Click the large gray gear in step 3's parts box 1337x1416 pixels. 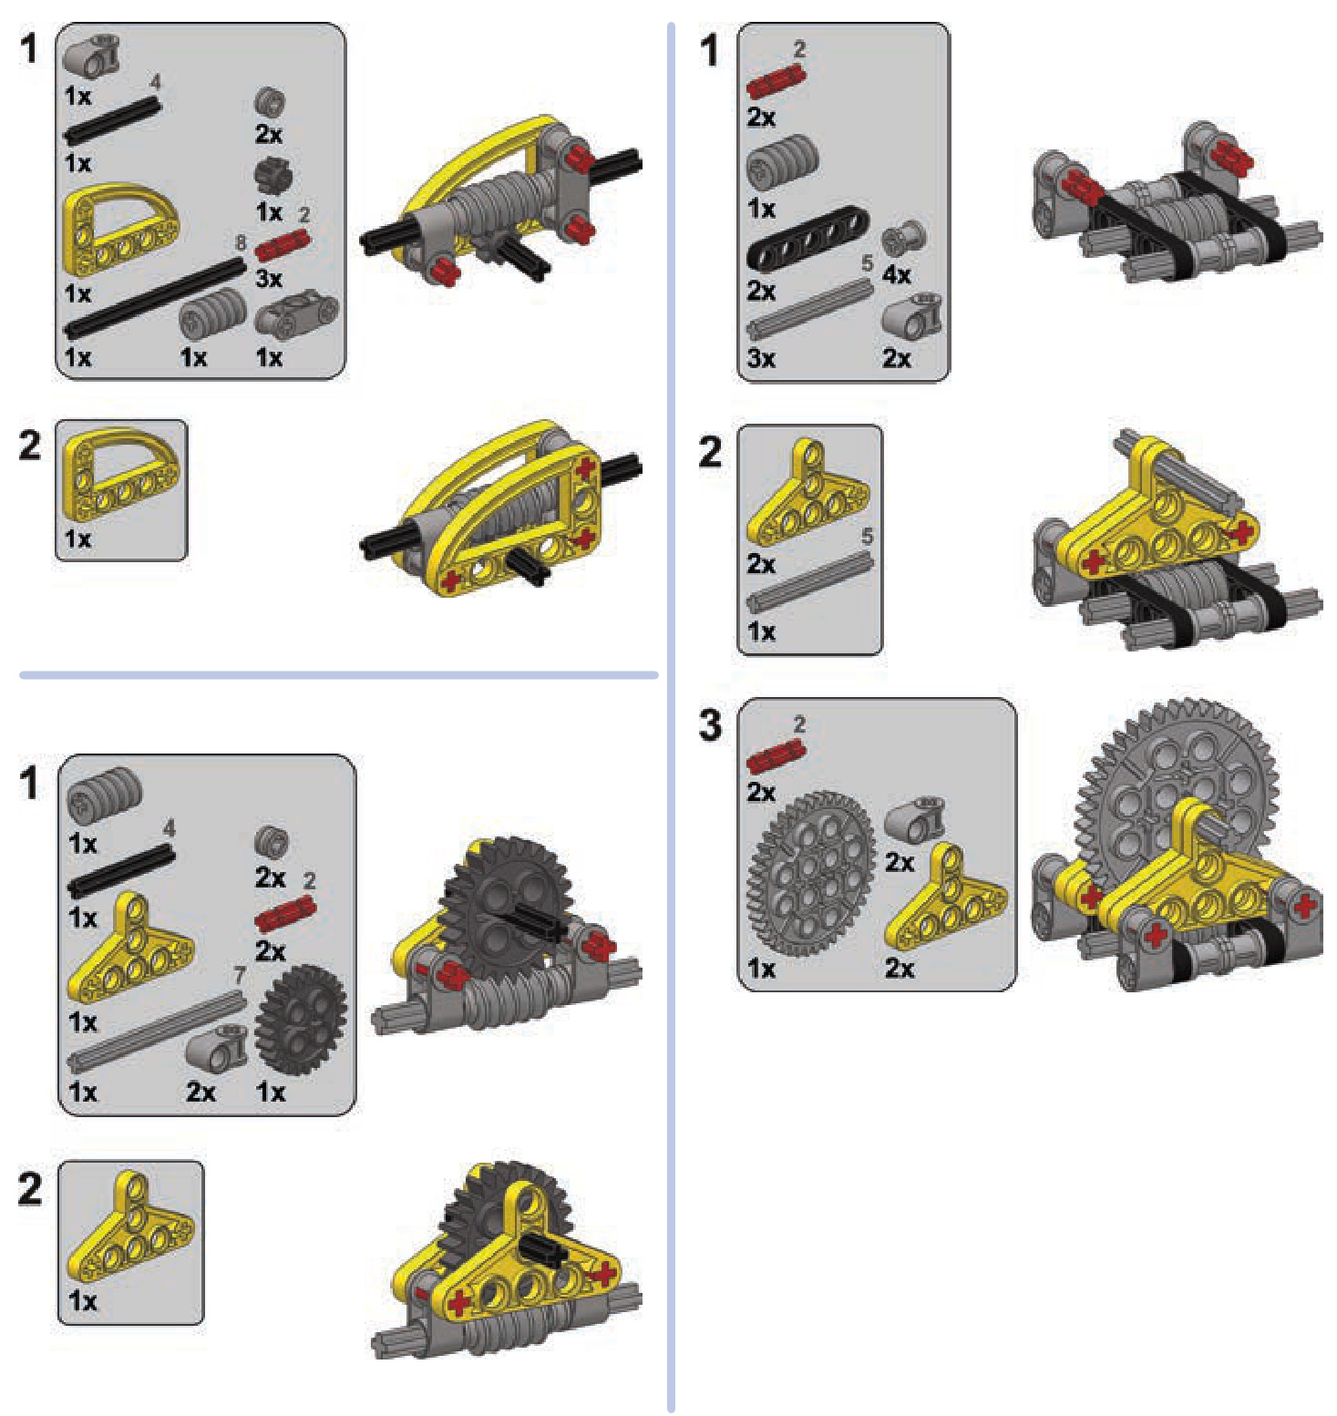810,873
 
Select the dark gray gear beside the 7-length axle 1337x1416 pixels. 301,1020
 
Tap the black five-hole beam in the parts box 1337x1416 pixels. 807,238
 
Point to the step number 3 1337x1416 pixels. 710,725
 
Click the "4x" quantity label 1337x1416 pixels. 896,274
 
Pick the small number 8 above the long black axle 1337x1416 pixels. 241,242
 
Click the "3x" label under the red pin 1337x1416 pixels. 268,279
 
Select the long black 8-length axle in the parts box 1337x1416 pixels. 155,297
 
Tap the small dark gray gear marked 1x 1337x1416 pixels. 273,176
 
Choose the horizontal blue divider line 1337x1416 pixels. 338,675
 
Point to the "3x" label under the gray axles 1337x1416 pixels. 761,358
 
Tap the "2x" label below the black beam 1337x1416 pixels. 761,291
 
